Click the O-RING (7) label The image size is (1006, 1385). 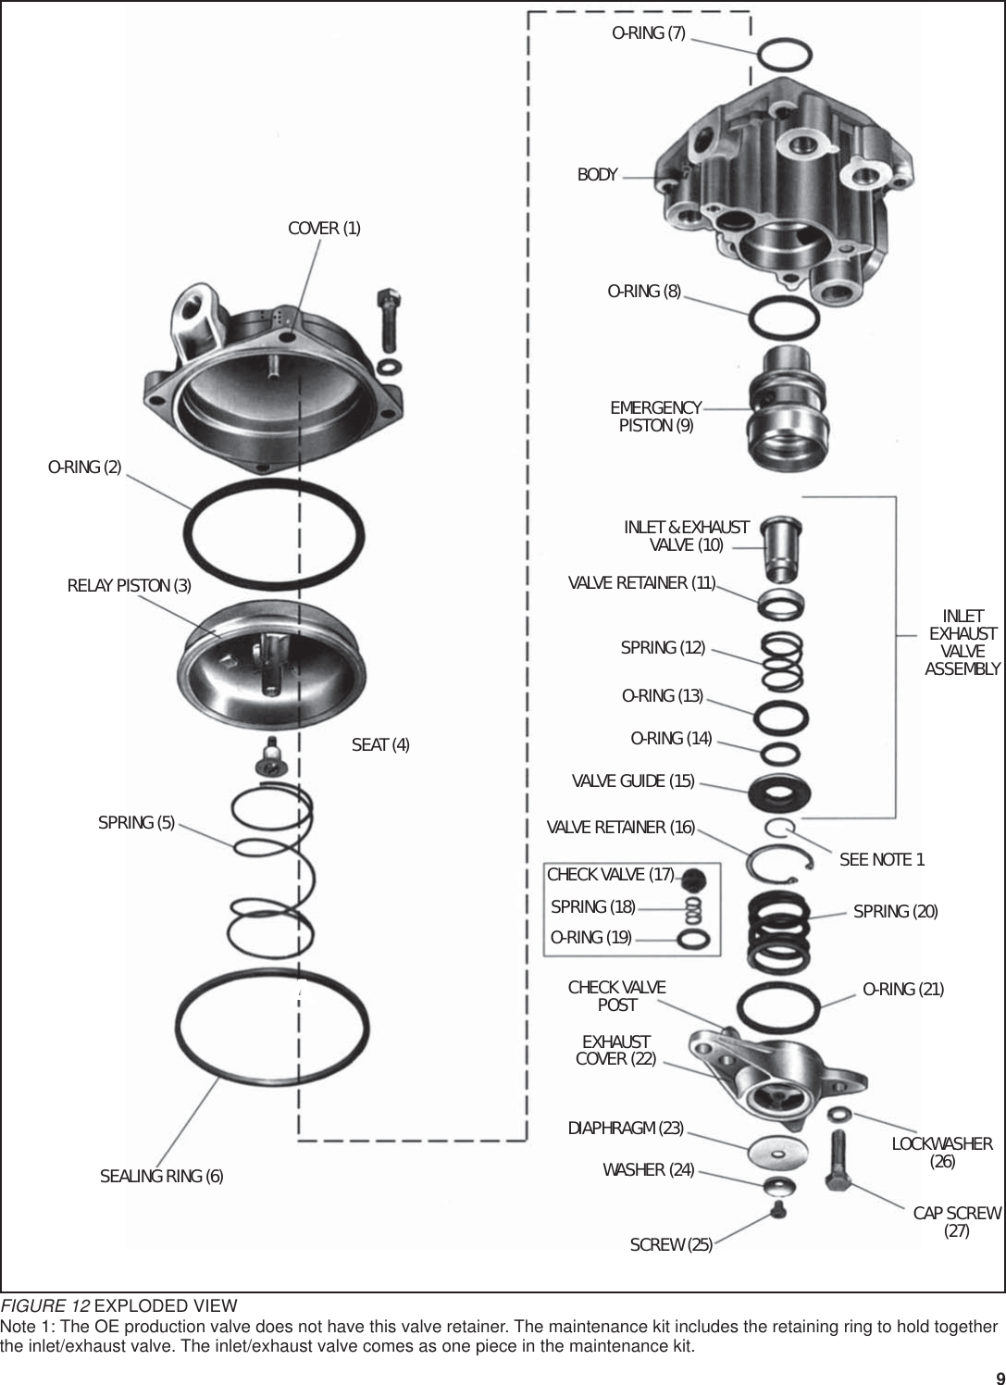pos(649,33)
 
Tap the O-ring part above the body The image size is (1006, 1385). pos(786,55)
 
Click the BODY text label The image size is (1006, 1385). pos(597,175)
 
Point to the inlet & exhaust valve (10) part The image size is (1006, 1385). pos(781,545)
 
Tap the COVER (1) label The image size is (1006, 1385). pos(324,229)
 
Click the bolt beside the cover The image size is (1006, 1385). pos(388,315)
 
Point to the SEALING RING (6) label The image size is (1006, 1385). pos(161,1177)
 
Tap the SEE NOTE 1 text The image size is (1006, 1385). pos(881,860)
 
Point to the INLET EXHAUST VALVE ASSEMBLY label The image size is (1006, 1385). pos(963,643)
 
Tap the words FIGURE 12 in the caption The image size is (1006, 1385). pos(44,1305)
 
